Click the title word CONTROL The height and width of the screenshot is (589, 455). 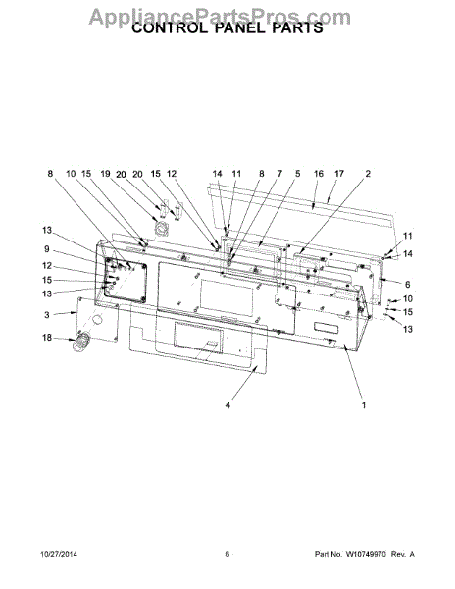click(170, 28)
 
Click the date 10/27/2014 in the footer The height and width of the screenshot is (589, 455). click(59, 554)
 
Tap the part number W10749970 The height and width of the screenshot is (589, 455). click(366, 554)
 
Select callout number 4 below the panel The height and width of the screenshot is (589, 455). click(227, 405)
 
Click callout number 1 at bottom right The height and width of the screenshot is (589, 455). click(364, 405)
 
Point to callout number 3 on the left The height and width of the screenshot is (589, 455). click(46, 315)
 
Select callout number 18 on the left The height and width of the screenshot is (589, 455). click(47, 338)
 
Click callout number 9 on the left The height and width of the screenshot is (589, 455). click(46, 249)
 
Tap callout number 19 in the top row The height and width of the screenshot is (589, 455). click(105, 174)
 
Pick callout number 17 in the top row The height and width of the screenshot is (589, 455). click(339, 174)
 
